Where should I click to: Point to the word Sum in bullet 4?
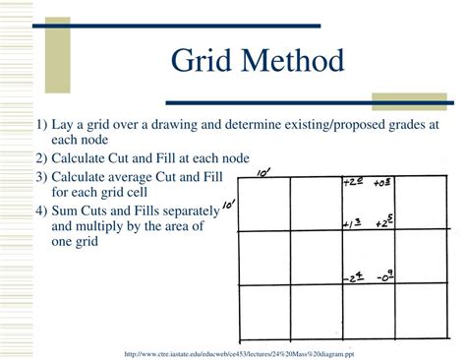point(66,211)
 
